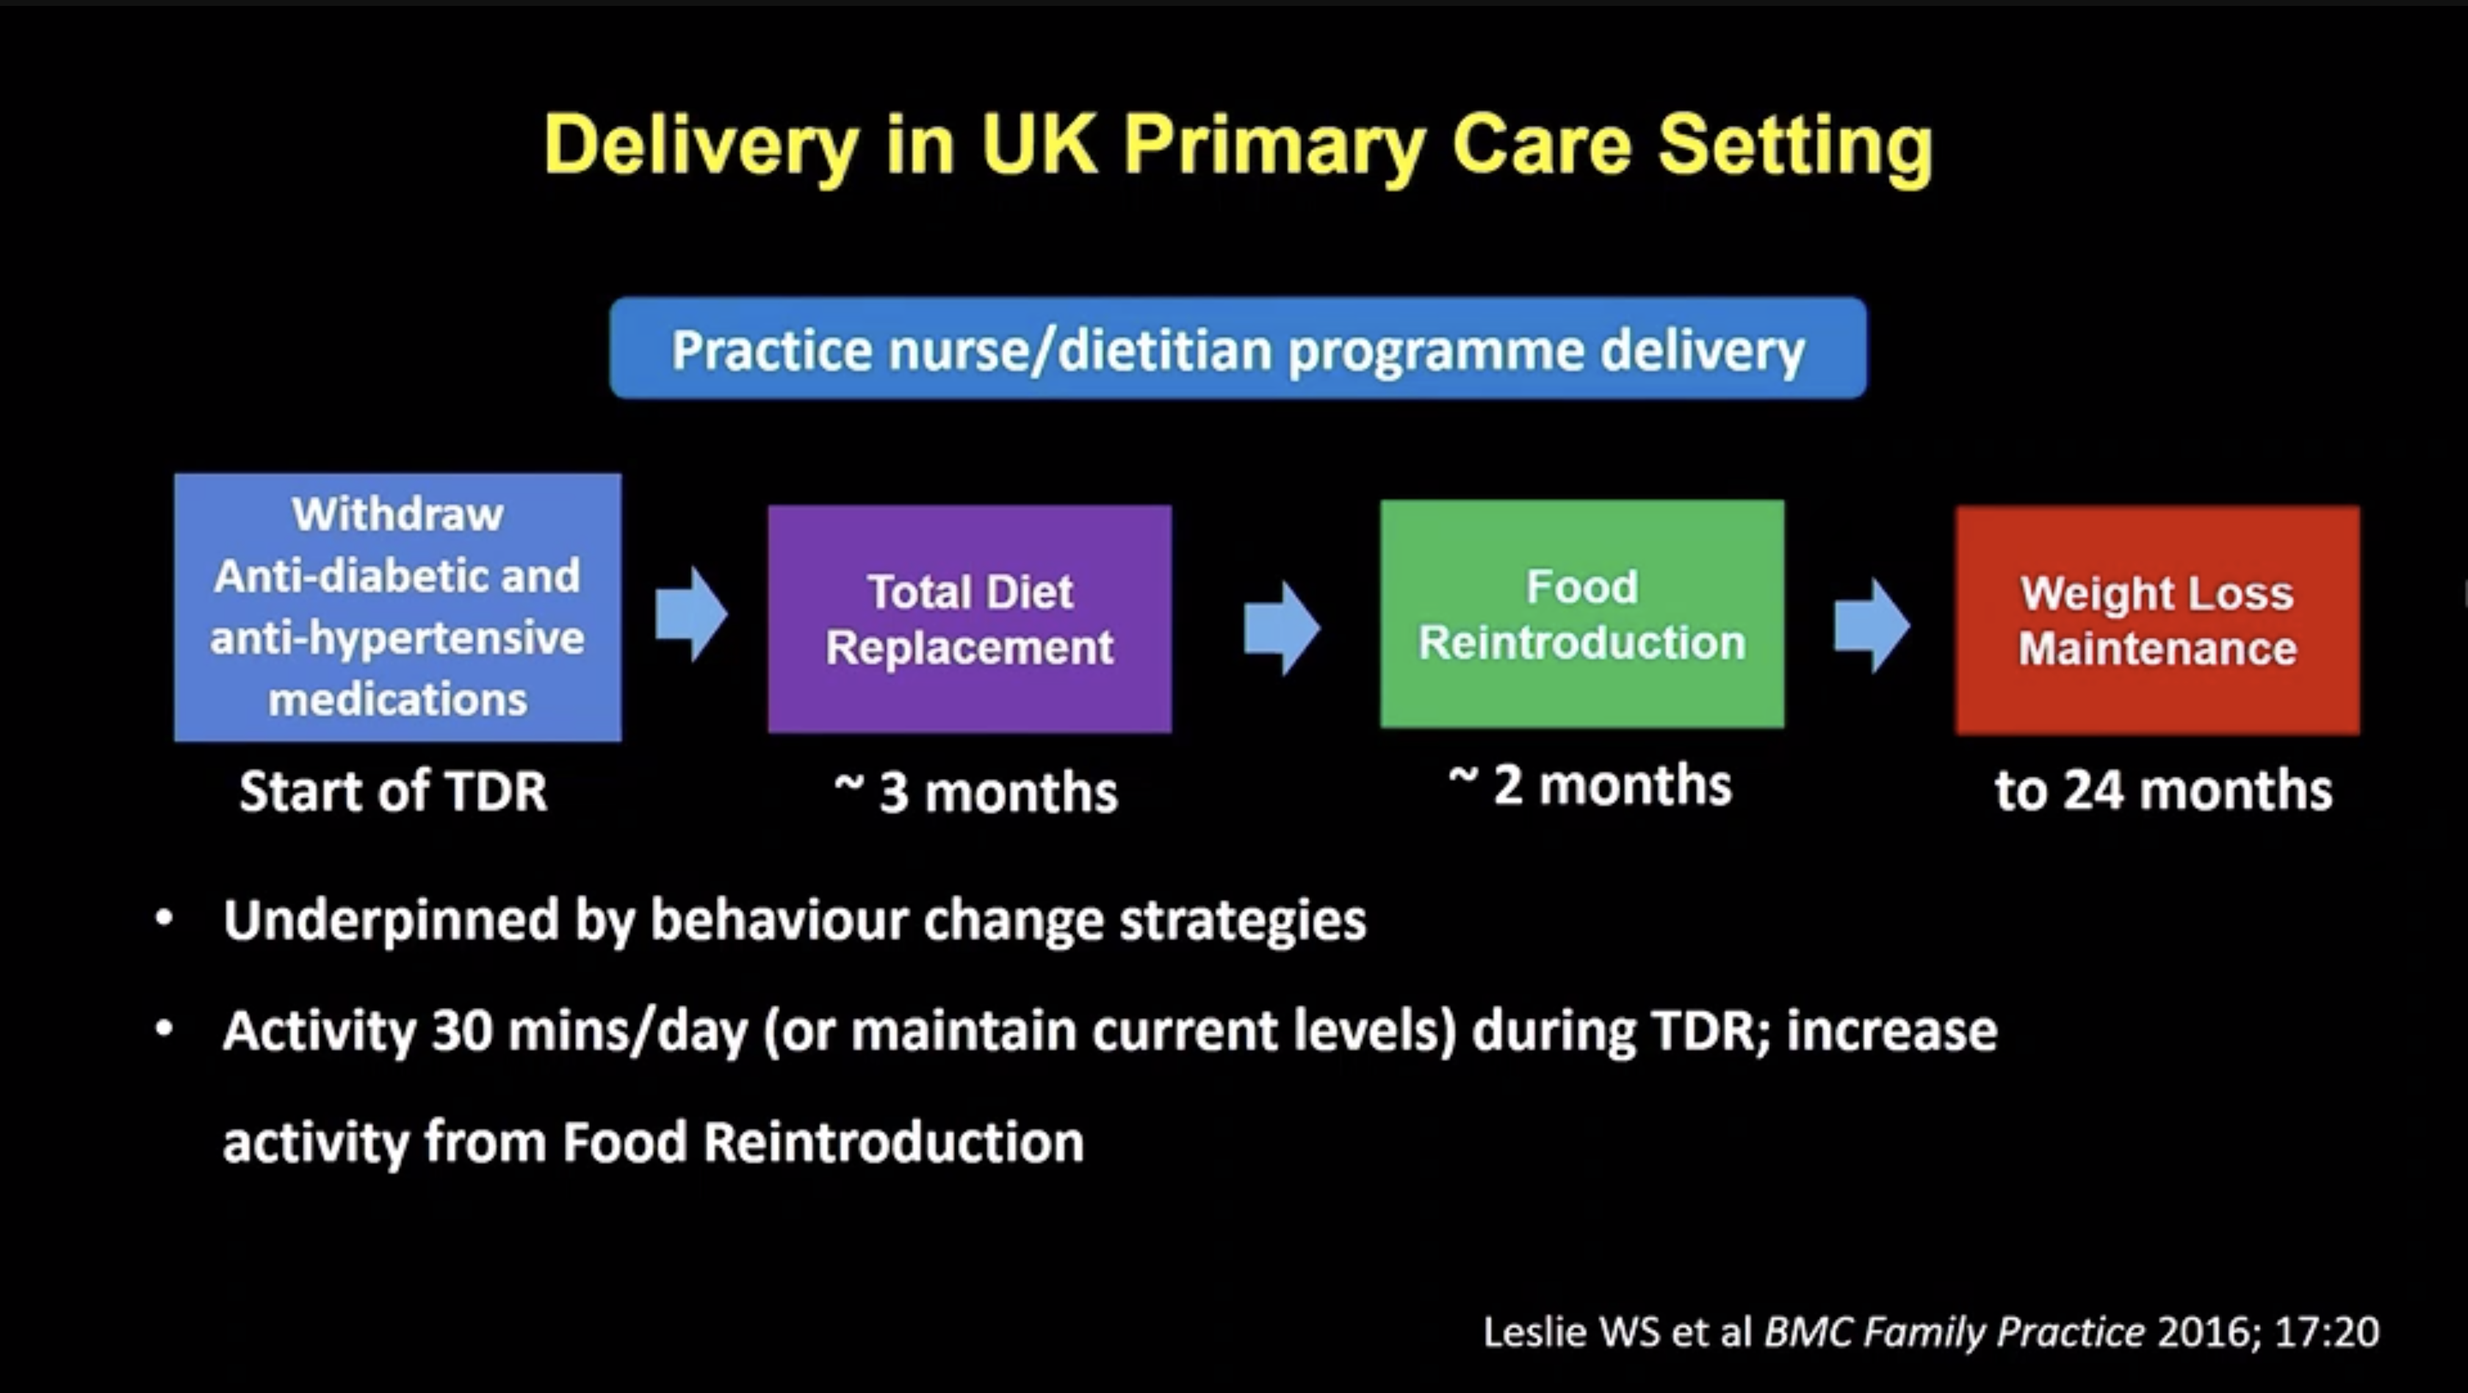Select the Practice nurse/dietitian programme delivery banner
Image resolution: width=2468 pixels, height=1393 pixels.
click(x=1238, y=348)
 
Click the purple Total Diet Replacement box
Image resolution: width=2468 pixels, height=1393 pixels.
click(x=970, y=619)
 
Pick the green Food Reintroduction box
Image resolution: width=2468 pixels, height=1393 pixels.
click(x=1581, y=614)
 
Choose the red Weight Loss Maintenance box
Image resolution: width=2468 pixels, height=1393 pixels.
click(x=2157, y=620)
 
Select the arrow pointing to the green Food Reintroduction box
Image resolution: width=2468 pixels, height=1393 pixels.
click(x=1282, y=628)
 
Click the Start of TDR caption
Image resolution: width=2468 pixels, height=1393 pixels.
click(x=393, y=791)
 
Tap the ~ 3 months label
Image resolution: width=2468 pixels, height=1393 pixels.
click(x=975, y=792)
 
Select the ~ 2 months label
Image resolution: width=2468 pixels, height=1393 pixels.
click(x=1590, y=785)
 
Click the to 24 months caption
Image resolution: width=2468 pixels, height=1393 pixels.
click(x=2163, y=791)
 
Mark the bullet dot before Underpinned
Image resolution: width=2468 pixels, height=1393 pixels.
click(x=164, y=918)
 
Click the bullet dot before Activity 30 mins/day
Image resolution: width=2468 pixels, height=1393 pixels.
click(x=164, y=1029)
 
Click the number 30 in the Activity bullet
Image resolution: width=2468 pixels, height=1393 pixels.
click(x=462, y=1030)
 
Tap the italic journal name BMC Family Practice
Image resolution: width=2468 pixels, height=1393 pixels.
click(x=1955, y=1332)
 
